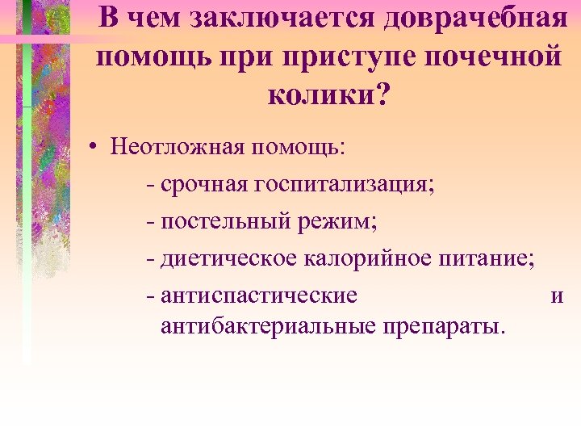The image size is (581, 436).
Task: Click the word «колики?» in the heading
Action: click(327, 96)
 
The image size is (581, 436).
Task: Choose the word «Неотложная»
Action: click(178, 149)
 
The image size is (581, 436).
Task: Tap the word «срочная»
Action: click(204, 185)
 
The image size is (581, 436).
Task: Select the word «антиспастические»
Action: click(259, 295)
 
